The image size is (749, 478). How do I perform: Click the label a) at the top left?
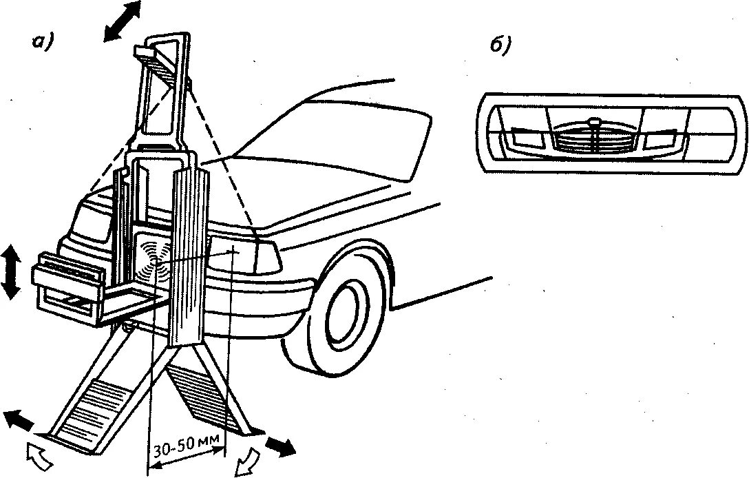[x=43, y=43]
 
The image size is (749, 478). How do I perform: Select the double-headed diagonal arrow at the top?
[x=123, y=21]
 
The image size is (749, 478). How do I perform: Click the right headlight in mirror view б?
[x=662, y=141]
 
